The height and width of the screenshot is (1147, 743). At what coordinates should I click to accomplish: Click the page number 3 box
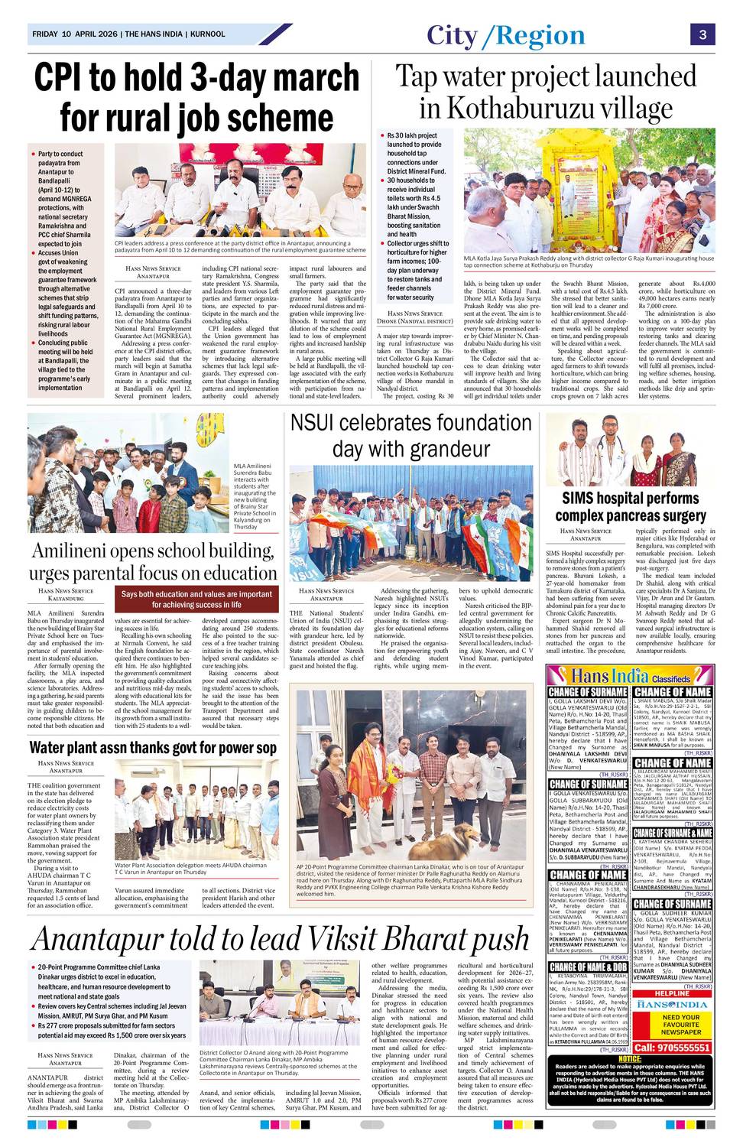pos(702,34)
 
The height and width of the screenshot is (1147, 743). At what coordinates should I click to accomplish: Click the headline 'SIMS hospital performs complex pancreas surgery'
pos(630,506)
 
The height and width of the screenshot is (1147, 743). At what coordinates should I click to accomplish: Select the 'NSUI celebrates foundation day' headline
pos(411,434)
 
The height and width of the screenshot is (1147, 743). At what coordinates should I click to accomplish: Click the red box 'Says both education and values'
pos(196,599)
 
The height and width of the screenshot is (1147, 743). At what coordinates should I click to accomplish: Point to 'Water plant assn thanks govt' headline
pos(153,747)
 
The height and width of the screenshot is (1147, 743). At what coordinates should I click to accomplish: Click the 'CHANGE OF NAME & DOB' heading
pos(588,967)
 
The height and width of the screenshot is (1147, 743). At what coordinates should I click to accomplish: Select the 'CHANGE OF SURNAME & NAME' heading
pos(672,833)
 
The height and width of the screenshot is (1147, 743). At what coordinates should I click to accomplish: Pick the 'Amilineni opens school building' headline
pos(153,561)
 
